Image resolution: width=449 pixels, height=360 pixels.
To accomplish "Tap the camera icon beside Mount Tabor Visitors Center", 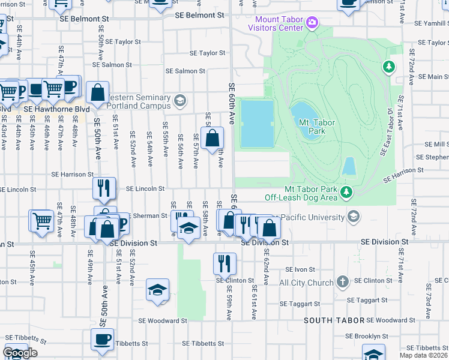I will (x=312, y=23).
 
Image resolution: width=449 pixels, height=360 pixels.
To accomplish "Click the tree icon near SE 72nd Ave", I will (x=389, y=66).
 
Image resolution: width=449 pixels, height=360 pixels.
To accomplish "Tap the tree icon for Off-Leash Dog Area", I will (x=346, y=191).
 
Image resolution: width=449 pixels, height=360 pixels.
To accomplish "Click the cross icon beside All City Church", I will (x=342, y=281).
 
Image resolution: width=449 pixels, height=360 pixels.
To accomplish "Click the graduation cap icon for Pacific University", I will (x=353, y=217).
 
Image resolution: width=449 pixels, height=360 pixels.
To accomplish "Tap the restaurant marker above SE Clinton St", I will (x=224, y=262).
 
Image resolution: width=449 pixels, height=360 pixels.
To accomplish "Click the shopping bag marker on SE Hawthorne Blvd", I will (x=97, y=93).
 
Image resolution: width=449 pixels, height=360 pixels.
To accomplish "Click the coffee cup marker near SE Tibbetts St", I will (x=102, y=338).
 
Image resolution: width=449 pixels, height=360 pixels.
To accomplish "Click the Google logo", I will (x=20, y=353).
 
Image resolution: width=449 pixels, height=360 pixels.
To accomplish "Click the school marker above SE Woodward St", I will (x=157, y=290).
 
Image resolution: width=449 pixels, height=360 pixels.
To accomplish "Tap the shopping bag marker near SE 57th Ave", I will (x=212, y=138).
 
